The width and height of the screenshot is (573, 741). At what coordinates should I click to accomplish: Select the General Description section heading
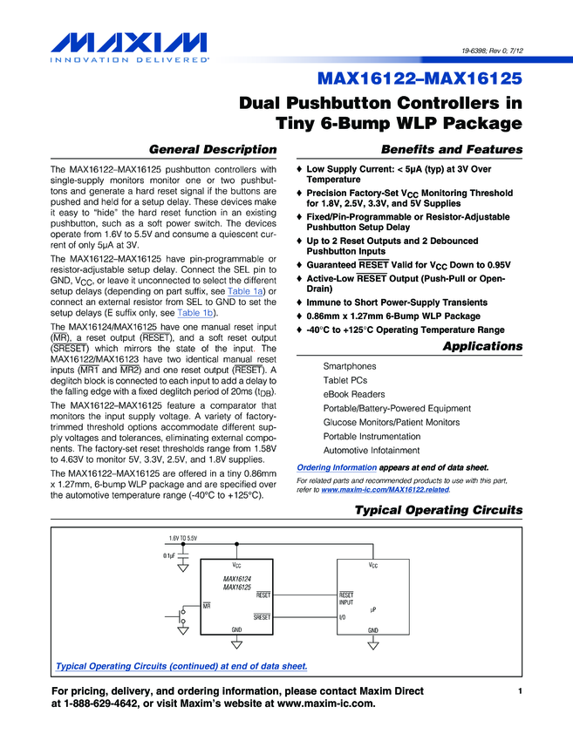(x=214, y=149)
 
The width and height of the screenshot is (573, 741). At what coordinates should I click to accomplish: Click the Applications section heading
(x=482, y=346)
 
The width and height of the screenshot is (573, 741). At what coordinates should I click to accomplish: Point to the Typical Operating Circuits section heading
(x=439, y=510)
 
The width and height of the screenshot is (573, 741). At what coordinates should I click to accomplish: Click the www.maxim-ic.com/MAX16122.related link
(x=385, y=490)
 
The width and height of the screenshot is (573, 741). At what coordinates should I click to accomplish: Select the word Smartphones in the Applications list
(x=350, y=366)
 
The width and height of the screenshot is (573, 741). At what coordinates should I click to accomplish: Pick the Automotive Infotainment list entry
(x=372, y=451)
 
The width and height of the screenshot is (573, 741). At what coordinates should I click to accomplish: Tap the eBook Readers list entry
(x=354, y=394)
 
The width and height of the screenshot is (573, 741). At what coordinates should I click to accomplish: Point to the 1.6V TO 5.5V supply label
(x=182, y=539)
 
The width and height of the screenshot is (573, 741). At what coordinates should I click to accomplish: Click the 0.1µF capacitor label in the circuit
(x=168, y=555)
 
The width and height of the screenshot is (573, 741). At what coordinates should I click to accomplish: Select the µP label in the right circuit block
(x=372, y=609)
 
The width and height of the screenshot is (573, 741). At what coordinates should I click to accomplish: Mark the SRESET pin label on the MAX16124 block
(x=262, y=617)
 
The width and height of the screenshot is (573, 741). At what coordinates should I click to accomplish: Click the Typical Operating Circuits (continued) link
(x=181, y=666)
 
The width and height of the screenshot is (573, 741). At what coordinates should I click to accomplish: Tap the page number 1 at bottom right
(x=519, y=691)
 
